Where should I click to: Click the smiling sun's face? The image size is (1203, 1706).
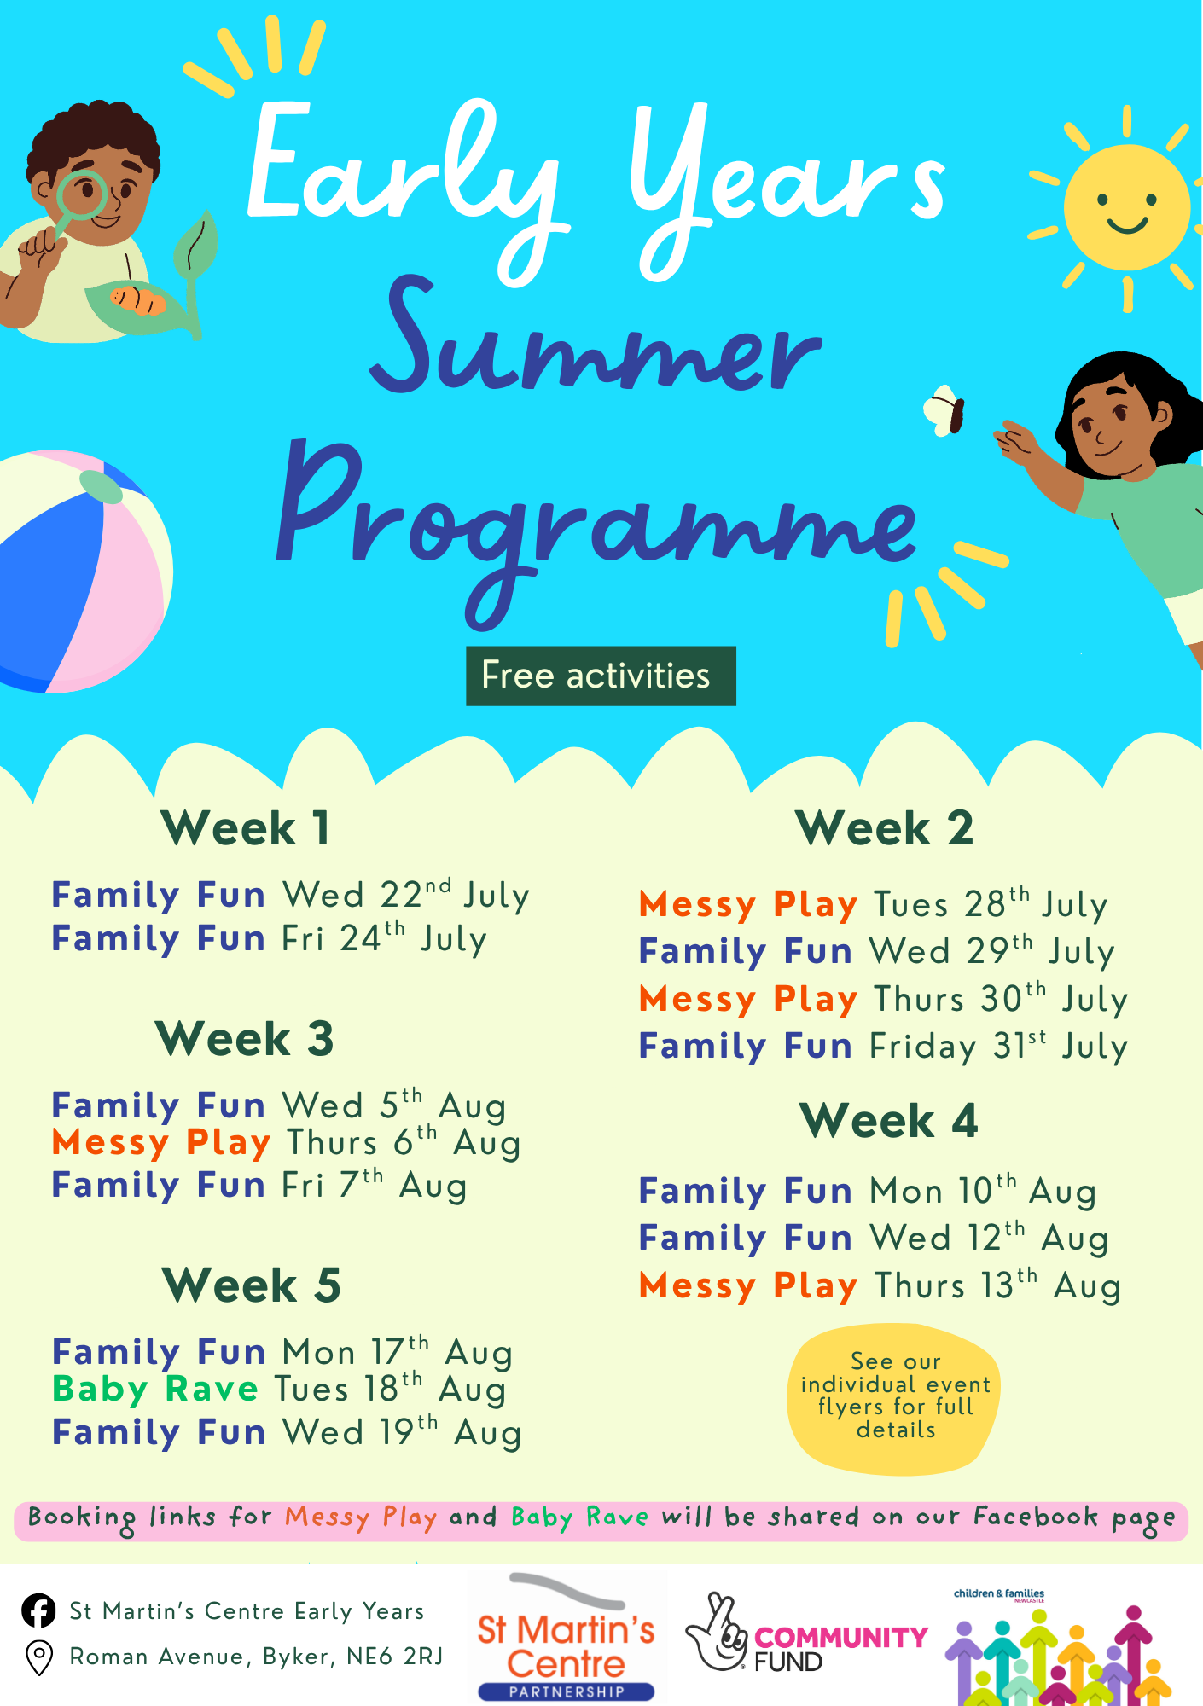coord(1127,207)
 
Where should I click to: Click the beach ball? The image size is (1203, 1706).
coord(81,571)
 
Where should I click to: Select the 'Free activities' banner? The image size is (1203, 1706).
coord(601,676)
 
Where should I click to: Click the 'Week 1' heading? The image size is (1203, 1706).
coord(245,828)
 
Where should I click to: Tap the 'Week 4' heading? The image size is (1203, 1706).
coord(888,1120)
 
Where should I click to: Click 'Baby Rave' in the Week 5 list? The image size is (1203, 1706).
coord(155,1389)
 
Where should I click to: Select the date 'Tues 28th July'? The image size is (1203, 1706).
coord(991,904)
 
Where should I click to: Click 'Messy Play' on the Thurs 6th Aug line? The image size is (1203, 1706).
coord(161,1143)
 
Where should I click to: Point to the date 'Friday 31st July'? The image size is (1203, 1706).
coord(999,1046)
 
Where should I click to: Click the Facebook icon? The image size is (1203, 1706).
coord(38,1610)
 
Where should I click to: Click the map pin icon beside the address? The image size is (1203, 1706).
coord(39,1657)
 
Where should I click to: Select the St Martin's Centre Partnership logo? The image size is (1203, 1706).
coord(567,1638)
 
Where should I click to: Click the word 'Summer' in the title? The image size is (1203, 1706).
coord(595,341)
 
